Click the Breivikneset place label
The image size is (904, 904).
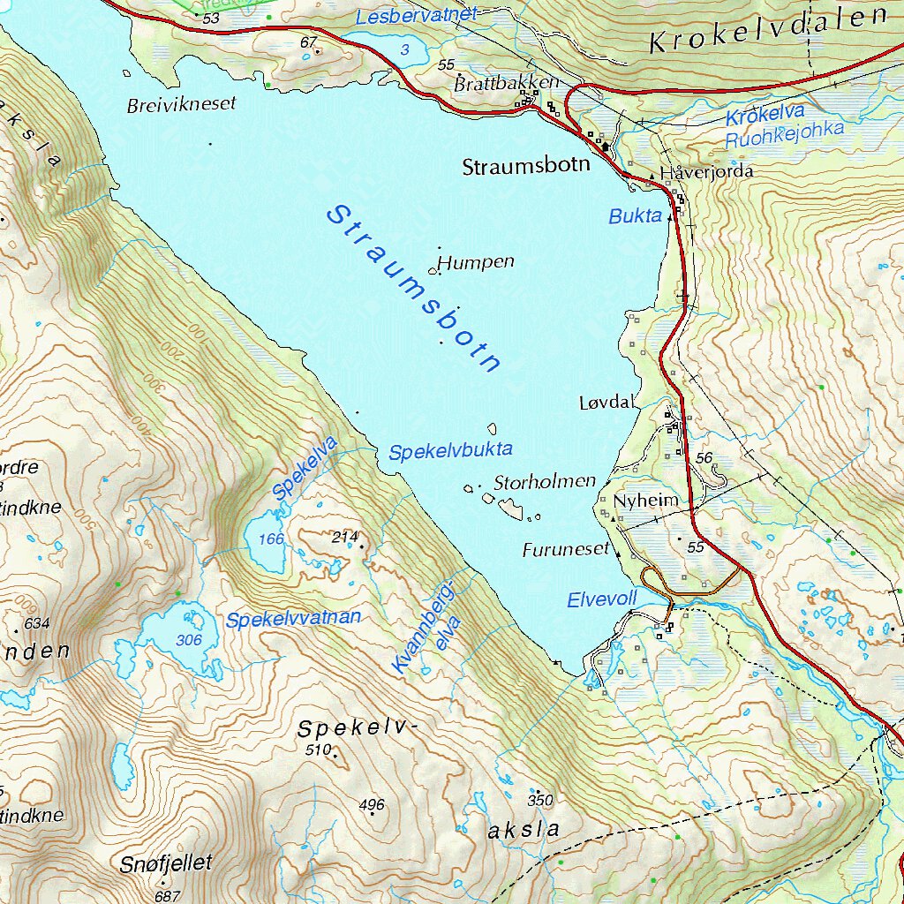click(x=182, y=104)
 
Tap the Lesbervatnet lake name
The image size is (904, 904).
click(x=416, y=15)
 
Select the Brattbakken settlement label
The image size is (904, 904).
click(x=507, y=83)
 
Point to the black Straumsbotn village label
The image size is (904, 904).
click(x=526, y=167)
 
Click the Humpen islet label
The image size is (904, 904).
click(x=476, y=262)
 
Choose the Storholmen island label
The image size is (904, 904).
click(x=545, y=482)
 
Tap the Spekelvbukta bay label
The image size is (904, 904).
click(x=450, y=451)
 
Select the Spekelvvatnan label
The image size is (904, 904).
click(x=293, y=619)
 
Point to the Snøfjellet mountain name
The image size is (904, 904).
click(x=167, y=863)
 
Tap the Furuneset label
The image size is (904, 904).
click(x=566, y=549)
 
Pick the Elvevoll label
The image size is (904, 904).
click(x=601, y=599)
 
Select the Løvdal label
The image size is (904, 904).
click(x=607, y=403)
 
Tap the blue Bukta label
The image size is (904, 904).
click(x=635, y=216)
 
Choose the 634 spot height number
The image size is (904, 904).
click(x=37, y=623)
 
